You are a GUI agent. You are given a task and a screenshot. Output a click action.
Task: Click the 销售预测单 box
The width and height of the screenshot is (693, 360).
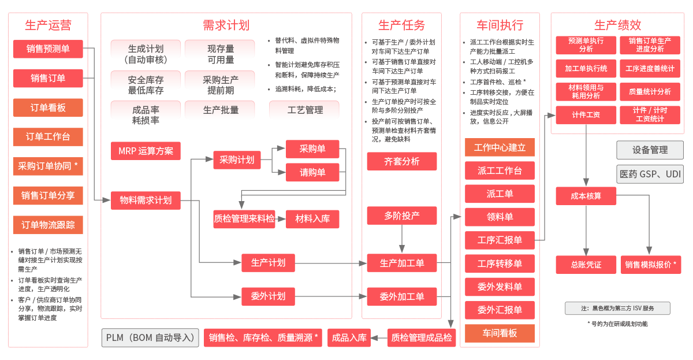(48, 49)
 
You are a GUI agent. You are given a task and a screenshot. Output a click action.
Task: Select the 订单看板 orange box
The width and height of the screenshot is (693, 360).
(48, 108)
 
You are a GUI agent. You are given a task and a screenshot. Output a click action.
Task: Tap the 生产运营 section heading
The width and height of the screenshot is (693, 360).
(48, 25)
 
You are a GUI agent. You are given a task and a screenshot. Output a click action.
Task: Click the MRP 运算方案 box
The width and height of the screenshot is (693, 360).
(146, 151)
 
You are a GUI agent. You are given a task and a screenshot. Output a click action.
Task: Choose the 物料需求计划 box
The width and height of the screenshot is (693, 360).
(146, 201)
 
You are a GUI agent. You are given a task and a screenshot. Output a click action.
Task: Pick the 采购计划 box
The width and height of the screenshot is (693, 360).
(237, 160)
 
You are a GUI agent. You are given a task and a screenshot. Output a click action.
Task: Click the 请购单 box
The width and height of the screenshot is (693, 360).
(312, 172)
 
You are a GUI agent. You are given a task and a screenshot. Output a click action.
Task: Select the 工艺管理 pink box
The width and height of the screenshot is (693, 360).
(304, 110)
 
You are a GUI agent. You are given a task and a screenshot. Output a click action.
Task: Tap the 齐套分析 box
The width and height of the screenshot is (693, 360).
(402, 161)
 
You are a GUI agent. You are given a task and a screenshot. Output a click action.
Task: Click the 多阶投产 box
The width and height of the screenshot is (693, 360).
(402, 216)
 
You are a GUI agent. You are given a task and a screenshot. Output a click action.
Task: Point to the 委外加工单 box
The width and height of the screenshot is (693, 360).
(402, 296)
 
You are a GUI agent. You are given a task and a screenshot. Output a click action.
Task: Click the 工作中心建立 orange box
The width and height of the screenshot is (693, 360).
(500, 147)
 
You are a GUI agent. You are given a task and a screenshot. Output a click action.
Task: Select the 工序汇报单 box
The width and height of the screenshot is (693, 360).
(500, 240)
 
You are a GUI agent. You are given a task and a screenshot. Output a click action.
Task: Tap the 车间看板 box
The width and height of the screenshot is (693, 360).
(500, 333)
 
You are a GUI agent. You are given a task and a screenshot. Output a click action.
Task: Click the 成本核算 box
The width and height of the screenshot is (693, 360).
(586, 196)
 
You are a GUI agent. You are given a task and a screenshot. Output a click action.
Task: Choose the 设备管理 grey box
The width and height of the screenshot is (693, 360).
(650, 150)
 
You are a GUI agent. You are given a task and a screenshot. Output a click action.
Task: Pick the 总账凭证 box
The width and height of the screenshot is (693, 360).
(586, 265)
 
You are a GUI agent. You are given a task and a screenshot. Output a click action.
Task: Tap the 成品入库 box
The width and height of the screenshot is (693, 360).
(349, 337)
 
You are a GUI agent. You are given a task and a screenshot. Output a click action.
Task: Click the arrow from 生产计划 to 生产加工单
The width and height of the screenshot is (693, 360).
(330, 263)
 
